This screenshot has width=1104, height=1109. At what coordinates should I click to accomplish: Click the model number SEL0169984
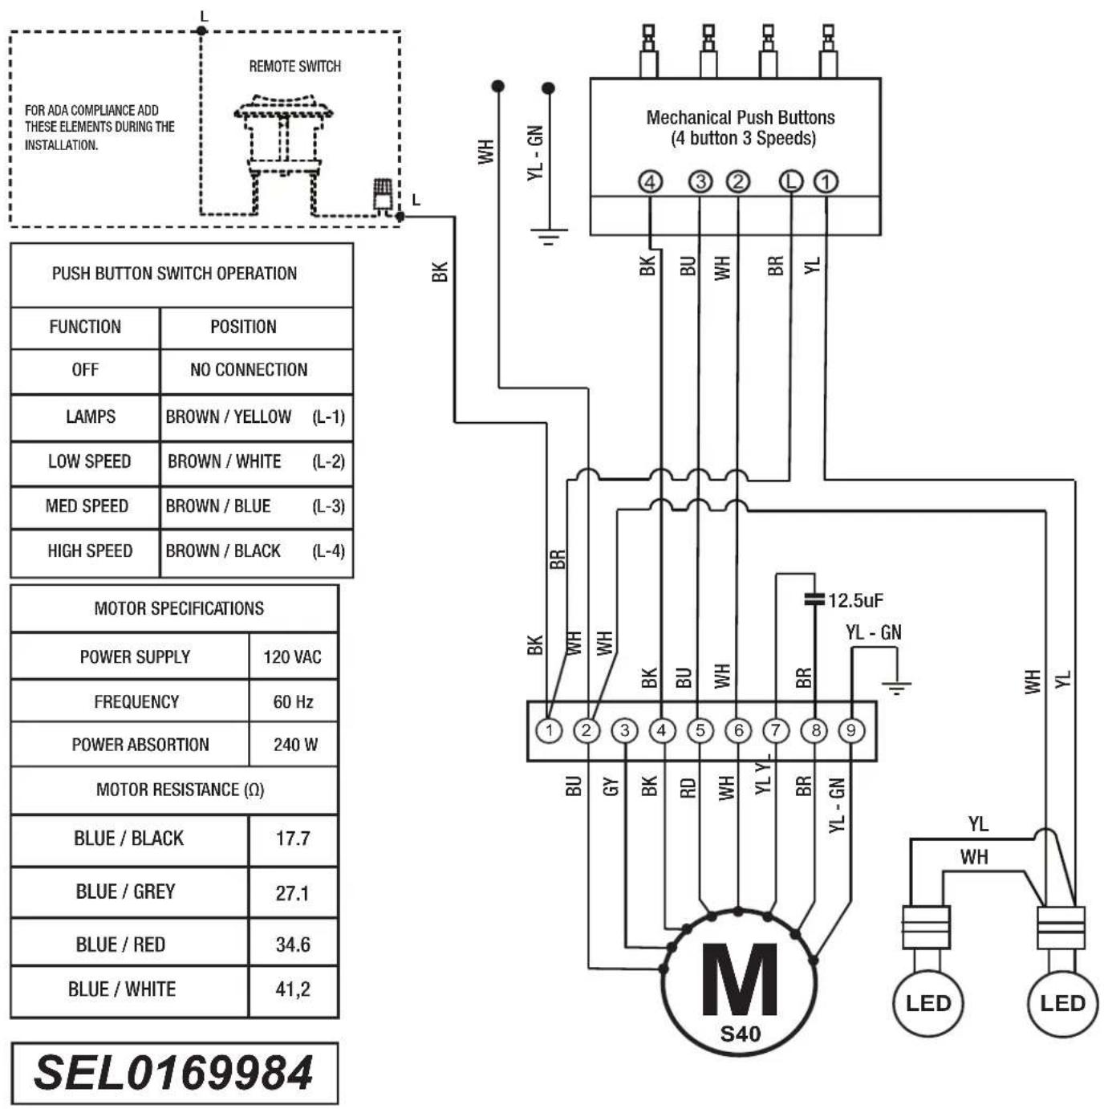coord(173,1073)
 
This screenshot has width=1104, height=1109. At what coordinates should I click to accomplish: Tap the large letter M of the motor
coord(739,980)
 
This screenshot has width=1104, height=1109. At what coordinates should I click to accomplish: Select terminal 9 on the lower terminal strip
coord(851,730)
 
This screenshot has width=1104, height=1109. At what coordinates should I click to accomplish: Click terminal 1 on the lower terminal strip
coord(550,730)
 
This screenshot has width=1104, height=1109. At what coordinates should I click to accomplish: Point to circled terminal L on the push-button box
coord(791,181)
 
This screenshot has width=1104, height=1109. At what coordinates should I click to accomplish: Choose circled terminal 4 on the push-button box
coord(650,181)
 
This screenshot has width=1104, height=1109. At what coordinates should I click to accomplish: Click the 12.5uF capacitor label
coord(855,600)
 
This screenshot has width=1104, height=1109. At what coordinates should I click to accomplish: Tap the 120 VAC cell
coord(292,657)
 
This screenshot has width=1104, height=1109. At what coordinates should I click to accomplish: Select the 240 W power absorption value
coord(294,745)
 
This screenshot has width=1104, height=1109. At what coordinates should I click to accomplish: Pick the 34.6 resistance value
coord(292,944)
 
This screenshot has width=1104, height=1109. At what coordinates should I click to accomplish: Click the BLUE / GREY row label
coord(125,892)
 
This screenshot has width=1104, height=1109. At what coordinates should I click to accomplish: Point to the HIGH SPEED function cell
coord(89,551)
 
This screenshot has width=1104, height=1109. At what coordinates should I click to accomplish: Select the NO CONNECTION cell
coord(249,370)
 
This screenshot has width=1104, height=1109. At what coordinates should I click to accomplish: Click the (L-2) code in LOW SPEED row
coord(328,461)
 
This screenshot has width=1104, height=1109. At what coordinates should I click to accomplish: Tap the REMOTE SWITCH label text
coord(294,66)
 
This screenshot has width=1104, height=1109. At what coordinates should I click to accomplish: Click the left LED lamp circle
coord(927,1003)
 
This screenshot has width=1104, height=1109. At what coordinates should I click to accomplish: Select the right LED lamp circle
coord(1062,1003)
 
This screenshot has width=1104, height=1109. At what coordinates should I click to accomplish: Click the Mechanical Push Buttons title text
coord(741,118)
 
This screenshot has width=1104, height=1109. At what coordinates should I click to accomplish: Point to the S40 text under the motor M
coord(740,1034)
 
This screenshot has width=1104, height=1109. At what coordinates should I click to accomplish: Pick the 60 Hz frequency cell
coord(293,702)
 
